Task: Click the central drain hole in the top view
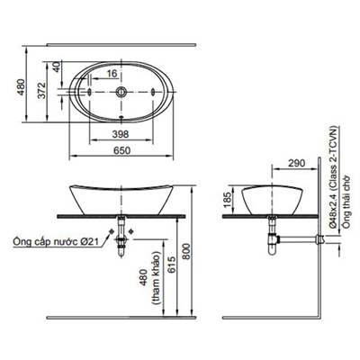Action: pos(121,94)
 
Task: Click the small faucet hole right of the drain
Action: pos(148,94)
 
